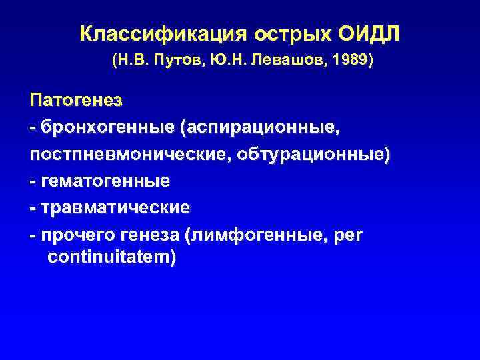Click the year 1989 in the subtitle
(351, 61)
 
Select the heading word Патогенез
(76, 101)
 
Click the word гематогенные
(105, 181)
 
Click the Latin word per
(347, 234)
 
